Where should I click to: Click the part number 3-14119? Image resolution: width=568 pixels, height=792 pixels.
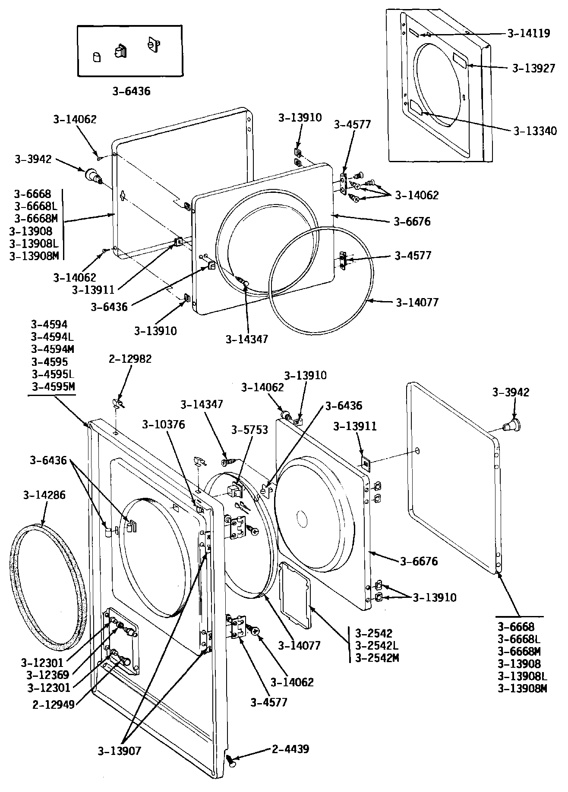529,33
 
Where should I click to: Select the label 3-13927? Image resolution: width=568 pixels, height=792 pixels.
533,68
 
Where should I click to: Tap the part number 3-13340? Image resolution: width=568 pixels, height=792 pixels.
535,131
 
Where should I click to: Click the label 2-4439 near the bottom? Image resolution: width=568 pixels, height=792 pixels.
290,749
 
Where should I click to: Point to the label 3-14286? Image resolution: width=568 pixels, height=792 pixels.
44,495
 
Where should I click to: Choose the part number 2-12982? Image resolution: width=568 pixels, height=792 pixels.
130,359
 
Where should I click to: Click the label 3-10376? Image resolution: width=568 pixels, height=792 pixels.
164,424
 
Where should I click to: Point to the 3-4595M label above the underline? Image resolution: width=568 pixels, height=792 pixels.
53,386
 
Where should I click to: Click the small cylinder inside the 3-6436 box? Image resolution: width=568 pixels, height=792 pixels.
97,57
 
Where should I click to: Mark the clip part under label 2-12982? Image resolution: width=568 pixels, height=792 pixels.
117,403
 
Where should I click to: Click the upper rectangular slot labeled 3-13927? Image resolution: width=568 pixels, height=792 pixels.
460,60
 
